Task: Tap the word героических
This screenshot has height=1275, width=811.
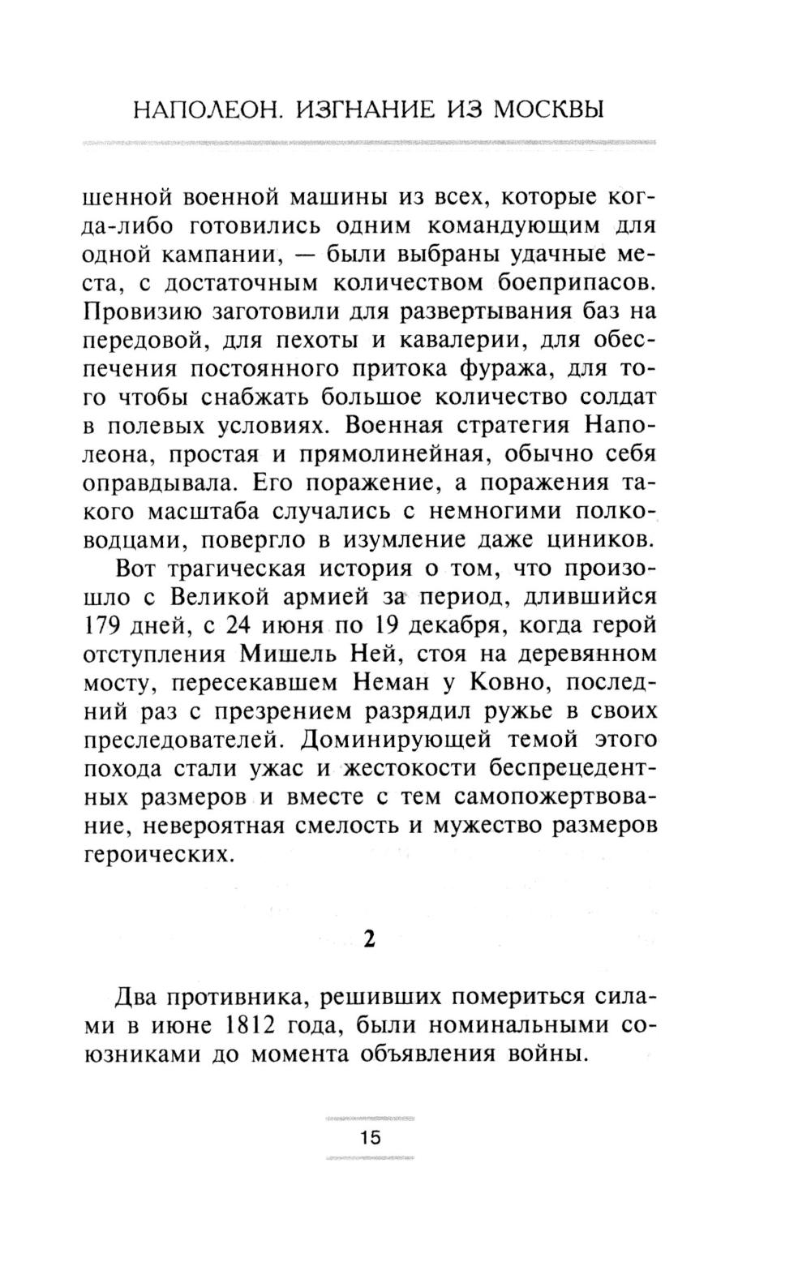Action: (x=154, y=855)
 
